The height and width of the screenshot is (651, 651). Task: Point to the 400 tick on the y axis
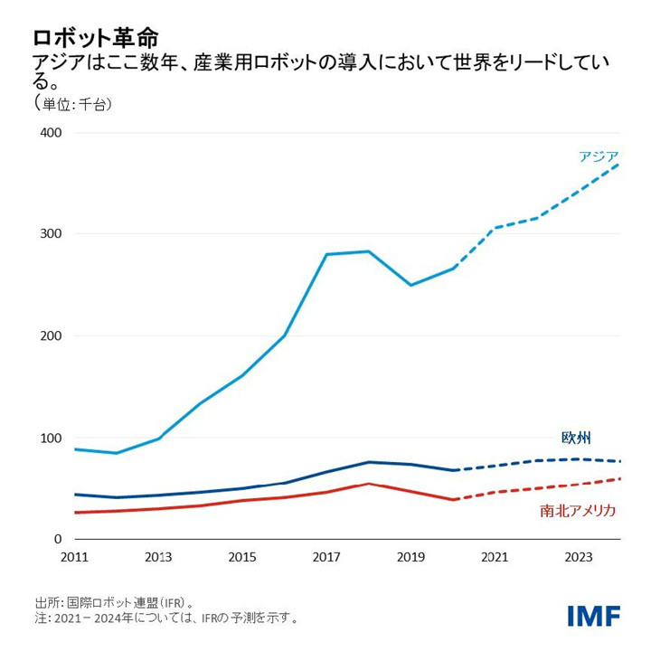(49, 133)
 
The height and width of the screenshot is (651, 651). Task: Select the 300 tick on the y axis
(49, 234)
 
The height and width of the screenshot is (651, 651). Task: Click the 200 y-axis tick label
(49, 336)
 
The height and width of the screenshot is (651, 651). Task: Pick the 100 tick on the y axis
(49, 439)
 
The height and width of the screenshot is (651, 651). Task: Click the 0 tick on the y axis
(56, 540)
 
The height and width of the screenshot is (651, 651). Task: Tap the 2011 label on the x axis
(75, 558)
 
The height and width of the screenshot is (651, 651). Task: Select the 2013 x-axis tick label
(158, 558)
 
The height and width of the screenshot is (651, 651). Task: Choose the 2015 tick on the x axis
(242, 558)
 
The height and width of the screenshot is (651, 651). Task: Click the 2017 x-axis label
(326, 558)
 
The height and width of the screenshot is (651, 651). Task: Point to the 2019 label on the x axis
(410, 558)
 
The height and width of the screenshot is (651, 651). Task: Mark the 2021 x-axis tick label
(495, 558)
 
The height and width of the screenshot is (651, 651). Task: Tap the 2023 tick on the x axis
(579, 558)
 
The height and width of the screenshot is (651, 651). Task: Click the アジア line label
(599, 156)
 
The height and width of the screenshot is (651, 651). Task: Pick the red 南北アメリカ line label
(578, 511)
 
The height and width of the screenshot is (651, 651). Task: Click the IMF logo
(594, 616)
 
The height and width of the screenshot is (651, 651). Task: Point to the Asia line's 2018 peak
(368, 251)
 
